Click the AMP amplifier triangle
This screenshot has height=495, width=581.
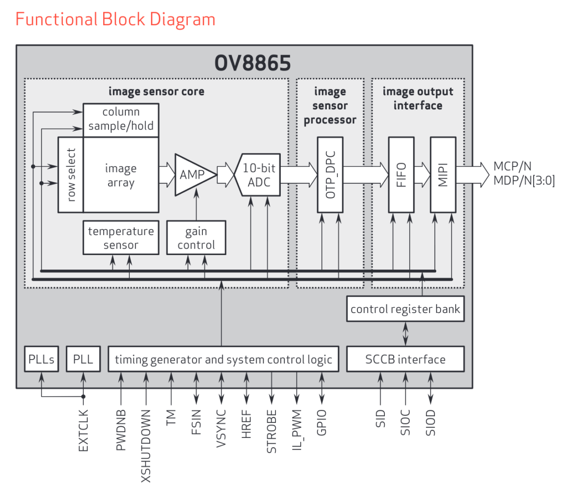(x=194, y=175)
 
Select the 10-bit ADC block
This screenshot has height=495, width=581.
(x=258, y=175)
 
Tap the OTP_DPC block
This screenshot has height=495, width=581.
(x=330, y=175)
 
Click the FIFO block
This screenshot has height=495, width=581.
(x=401, y=175)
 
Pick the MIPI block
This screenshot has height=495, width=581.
(x=443, y=175)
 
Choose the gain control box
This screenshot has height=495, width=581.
(x=196, y=238)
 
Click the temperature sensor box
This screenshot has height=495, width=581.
(x=121, y=238)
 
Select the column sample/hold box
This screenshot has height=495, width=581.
(x=121, y=120)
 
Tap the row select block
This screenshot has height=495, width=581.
(x=71, y=175)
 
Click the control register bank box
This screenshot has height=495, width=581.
(x=405, y=309)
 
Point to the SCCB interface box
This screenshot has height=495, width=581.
(x=405, y=359)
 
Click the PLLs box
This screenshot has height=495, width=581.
(x=41, y=359)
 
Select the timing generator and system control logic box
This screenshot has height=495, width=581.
(x=224, y=359)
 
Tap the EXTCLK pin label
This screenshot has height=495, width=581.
(x=83, y=430)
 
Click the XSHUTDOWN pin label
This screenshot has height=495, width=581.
(x=146, y=446)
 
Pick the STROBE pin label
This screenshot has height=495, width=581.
(x=272, y=431)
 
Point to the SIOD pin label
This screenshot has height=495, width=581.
(x=430, y=422)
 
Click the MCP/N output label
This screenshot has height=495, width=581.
(x=512, y=166)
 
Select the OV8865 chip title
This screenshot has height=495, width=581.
(x=252, y=62)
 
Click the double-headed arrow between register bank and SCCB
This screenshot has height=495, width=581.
(x=405, y=334)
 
